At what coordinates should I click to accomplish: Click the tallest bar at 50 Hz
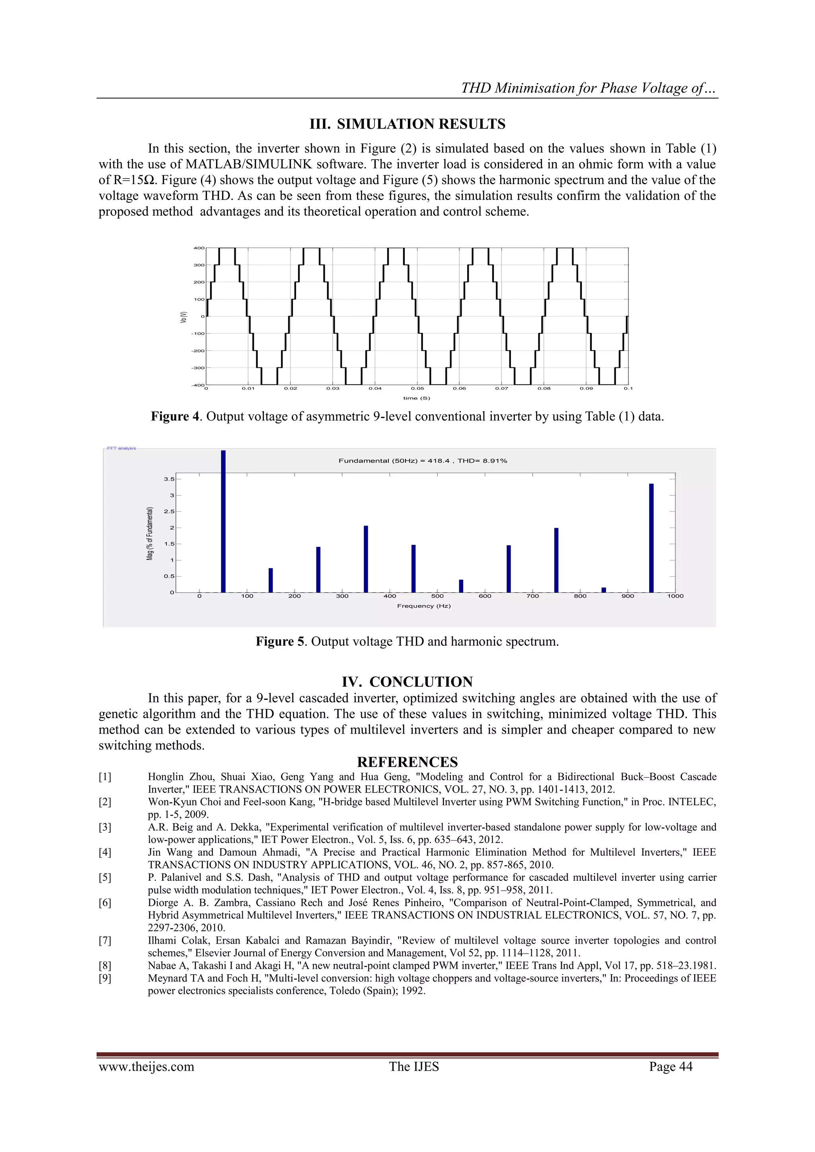[224, 522]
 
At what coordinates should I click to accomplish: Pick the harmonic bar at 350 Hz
[366, 559]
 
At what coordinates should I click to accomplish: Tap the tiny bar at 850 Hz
[604, 590]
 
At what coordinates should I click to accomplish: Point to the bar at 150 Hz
[271, 581]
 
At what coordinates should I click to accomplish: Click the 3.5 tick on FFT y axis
[169, 479]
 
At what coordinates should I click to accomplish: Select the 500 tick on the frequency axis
[437, 596]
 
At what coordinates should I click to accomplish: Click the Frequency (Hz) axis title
[424, 606]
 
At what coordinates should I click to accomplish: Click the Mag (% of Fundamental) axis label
[150, 534]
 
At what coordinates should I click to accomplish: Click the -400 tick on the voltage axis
[197, 385]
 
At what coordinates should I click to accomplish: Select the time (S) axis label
[417, 398]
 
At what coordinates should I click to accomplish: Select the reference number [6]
[105, 903]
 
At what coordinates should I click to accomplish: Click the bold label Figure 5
[280, 641]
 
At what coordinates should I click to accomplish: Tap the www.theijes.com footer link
[146, 1067]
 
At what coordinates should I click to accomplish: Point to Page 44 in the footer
[671, 1067]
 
